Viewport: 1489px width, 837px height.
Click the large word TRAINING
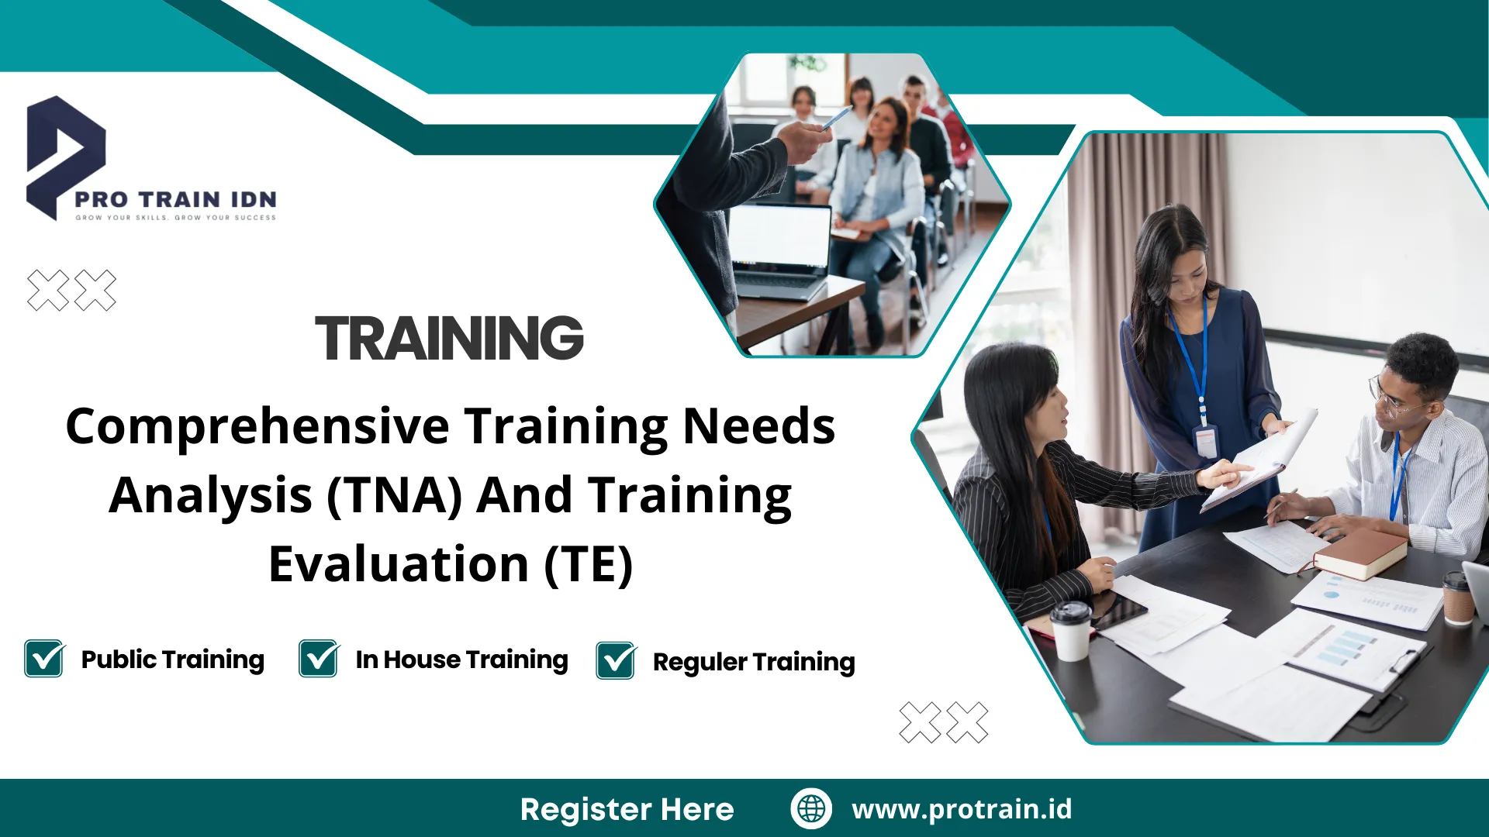pyautogui.click(x=449, y=338)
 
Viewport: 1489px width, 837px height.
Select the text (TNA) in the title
pyautogui.click(x=395, y=496)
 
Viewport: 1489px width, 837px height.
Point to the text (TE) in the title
pyautogui.click(x=589, y=564)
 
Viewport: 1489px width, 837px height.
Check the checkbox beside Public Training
pyautogui.click(x=44, y=658)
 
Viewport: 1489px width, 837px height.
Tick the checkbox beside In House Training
pyautogui.click(x=319, y=658)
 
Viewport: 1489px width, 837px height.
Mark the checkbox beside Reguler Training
pyautogui.click(x=617, y=660)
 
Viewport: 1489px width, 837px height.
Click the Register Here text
pyautogui.click(x=627, y=809)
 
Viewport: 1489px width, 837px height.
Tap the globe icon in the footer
pyautogui.click(x=811, y=808)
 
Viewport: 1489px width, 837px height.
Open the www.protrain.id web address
pyautogui.click(x=962, y=809)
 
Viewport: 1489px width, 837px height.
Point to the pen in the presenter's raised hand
pyautogui.click(x=836, y=118)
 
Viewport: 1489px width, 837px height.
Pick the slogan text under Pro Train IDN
pyautogui.click(x=175, y=218)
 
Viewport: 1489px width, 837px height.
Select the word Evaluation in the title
pyautogui.click(x=399, y=564)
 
